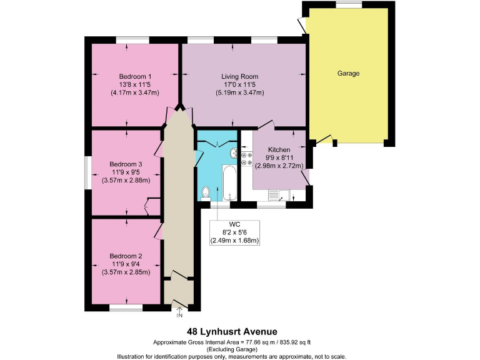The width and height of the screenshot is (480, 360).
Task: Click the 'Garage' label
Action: (x=348, y=73)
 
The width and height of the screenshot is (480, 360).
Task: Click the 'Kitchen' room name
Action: (x=278, y=150)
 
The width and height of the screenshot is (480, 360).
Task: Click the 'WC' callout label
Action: (x=234, y=224)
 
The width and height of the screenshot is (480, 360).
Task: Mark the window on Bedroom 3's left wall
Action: (x=88, y=171)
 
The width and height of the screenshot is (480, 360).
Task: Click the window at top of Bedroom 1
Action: (x=132, y=41)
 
